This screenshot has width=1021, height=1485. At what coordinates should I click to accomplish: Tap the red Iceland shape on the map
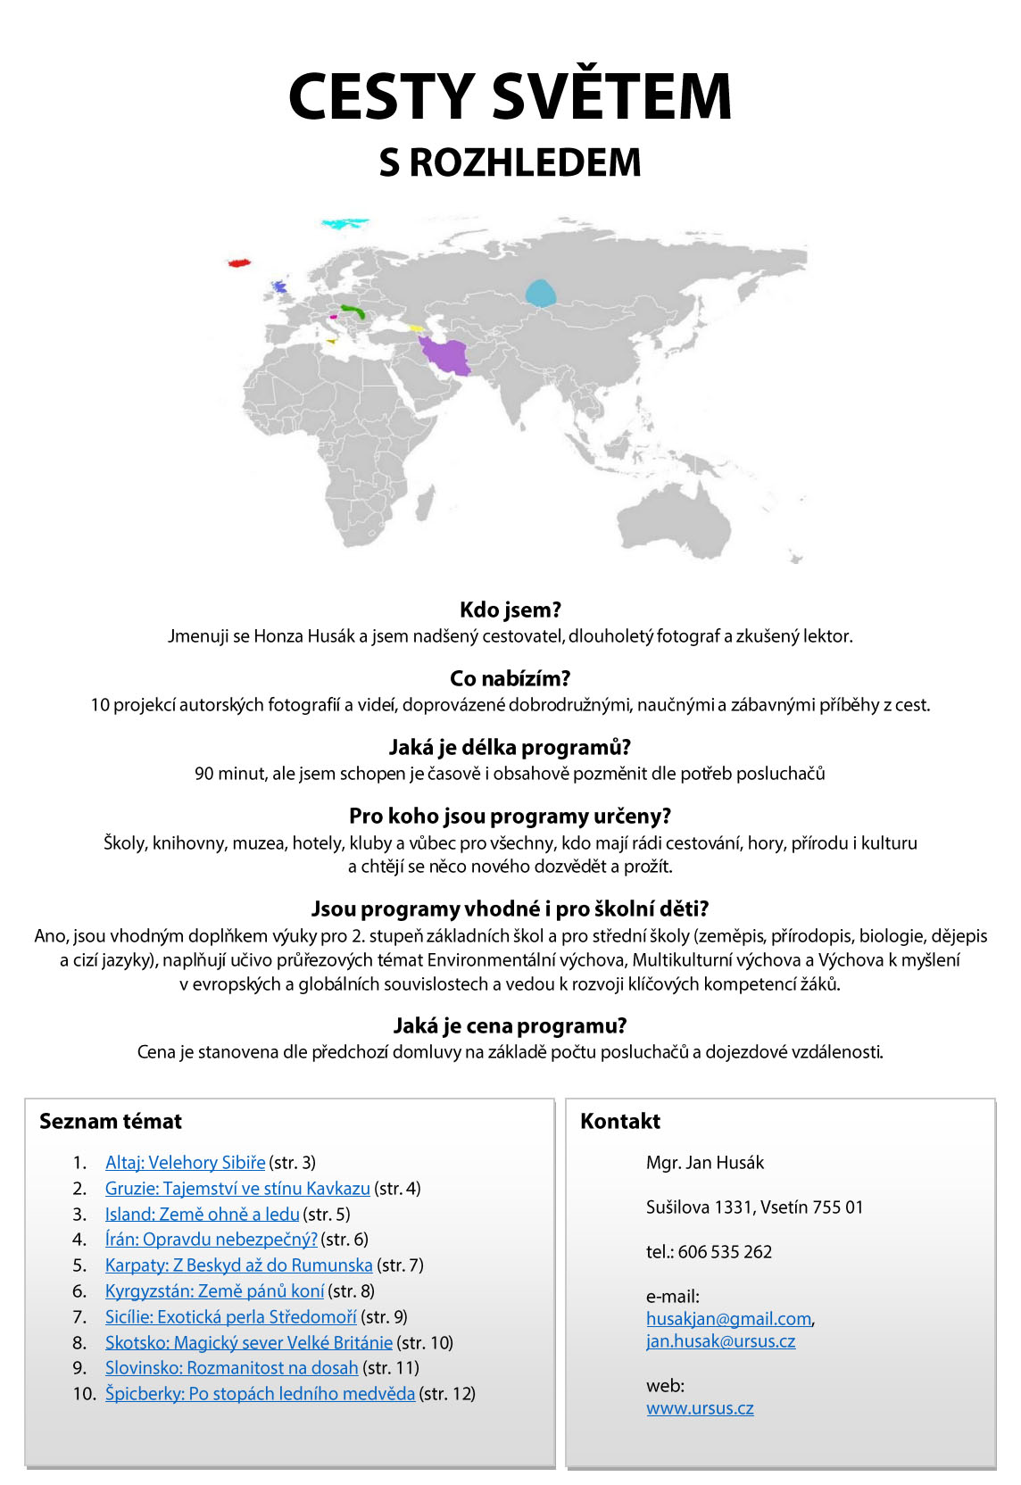238,262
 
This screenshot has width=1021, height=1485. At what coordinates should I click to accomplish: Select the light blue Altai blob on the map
539,293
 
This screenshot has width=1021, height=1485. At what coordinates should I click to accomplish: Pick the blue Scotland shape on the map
279,287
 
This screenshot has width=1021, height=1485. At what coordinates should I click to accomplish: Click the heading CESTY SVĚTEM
510,96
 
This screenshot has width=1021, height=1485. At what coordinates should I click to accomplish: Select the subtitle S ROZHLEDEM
510,162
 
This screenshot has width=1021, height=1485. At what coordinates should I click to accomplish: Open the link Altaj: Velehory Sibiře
185,1162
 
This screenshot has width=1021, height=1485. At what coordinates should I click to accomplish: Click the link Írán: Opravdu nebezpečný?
211,1239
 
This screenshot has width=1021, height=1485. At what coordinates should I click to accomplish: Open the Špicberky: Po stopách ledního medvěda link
260,1393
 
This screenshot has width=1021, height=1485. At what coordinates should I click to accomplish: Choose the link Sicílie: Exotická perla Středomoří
230,1316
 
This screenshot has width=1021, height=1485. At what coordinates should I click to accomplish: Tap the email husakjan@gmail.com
728,1318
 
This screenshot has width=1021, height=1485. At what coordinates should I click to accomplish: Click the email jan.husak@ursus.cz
720,1340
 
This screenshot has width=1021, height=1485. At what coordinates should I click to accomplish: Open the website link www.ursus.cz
700,1407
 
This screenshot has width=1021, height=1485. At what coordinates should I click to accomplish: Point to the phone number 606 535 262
725,1251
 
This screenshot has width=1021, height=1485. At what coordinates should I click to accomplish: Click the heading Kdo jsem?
510,610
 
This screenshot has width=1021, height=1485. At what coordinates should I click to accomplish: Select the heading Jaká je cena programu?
510,1025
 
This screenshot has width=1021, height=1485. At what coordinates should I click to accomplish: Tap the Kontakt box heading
620,1121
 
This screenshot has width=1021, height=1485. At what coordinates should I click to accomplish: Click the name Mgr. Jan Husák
705,1162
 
